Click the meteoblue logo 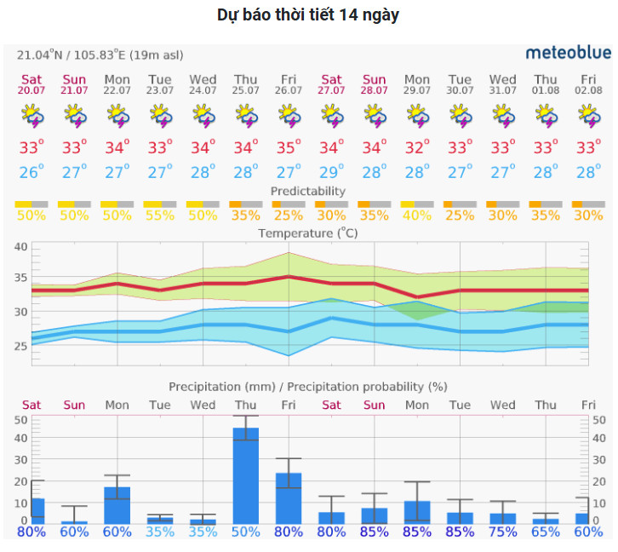pyautogui.click(x=568, y=53)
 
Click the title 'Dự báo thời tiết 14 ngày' pyautogui.click(x=308, y=15)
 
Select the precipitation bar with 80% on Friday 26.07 pyautogui.click(x=289, y=498)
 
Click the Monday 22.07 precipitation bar pyautogui.click(x=117, y=505)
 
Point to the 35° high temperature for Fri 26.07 pyautogui.click(x=289, y=147)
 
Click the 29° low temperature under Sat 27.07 pyautogui.click(x=332, y=172)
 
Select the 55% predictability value pyautogui.click(x=160, y=216)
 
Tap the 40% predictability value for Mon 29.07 pyautogui.click(x=417, y=216)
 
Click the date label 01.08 pyautogui.click(x=546, y=90)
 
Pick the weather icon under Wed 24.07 pyautogui.click(x=203, y=115)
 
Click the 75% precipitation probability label pyautogui.click(x=503, y=532)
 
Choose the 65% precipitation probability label pyautogui.click(x=546, y=532)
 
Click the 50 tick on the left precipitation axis pyautogui.click(x=20, y=419)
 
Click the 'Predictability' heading pyautogui.click(x=308, y=191)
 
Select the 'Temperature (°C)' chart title pyautogui.click(x=308, y=233)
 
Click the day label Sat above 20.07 pyautogui.click(x=31, y=80)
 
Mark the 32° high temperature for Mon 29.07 pyautogui.click(x=417, y=147)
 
